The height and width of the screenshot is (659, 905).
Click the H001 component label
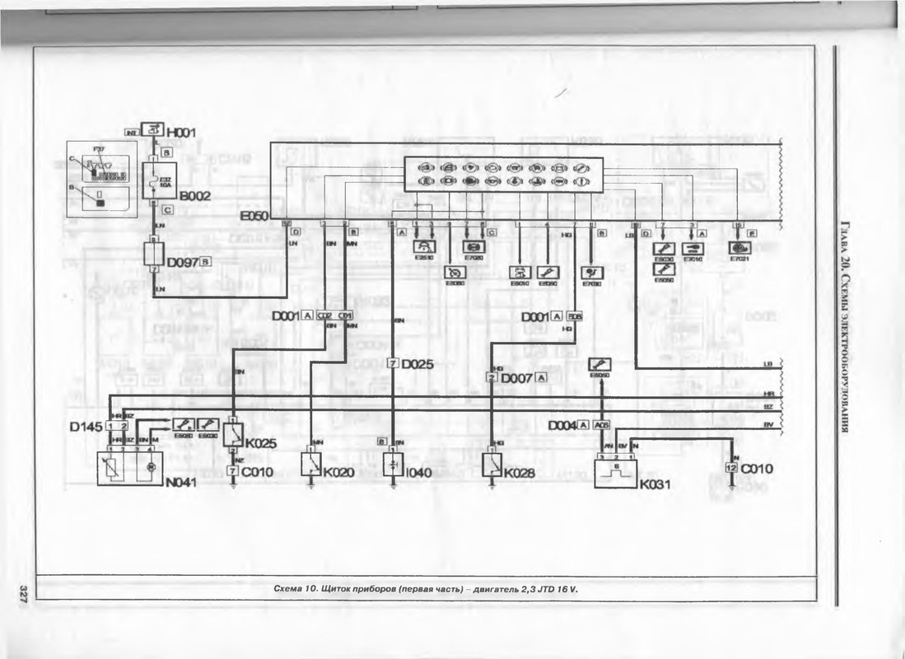[181, 132]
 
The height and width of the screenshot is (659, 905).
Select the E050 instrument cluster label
[254, 217]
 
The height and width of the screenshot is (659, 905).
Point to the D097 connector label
[182, 262]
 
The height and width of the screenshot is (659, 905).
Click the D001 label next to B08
[534, 315]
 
